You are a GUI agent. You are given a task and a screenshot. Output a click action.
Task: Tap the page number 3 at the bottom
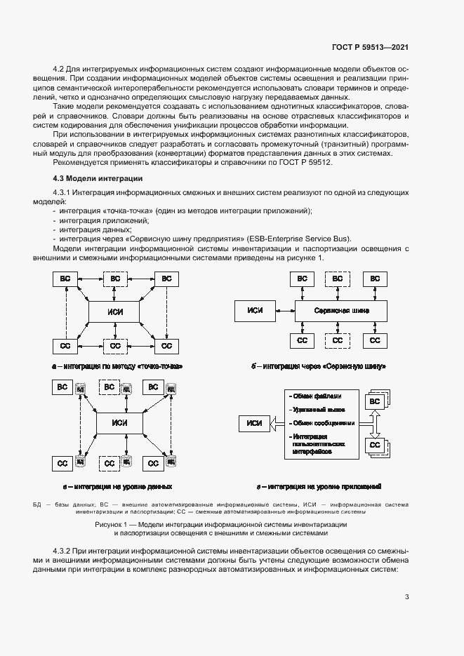point(407,597)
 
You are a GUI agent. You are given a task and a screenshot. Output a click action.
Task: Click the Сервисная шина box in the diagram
point(341,310)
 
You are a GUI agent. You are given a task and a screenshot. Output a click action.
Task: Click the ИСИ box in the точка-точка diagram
point(114,312)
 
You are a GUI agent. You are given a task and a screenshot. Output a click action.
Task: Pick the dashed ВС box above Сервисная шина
point(338,279)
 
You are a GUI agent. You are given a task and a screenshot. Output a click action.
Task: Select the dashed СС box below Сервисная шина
point(338,341)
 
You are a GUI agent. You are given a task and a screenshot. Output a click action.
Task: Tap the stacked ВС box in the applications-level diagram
point(374,401)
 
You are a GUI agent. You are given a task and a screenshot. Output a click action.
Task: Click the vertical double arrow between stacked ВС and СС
point(375,423)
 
